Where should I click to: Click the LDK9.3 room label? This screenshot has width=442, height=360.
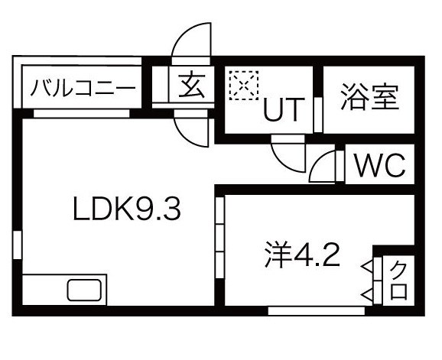click(x=127, y=209)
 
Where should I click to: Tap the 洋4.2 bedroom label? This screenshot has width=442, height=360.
click(x=303, y=255)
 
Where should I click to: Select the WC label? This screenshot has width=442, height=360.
click(x=381, y=165)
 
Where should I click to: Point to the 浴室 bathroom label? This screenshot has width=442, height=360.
click(x=370, y=97)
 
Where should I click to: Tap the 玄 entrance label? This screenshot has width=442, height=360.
click(x=191, y=86)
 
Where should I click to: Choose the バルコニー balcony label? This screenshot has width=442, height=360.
click(x=83, y=88)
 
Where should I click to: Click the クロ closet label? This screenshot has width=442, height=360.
click(x=399, y=280)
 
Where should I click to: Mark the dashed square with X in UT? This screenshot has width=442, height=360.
click(x=244, y=85)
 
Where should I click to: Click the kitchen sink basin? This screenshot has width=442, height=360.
click(x=84, y=290)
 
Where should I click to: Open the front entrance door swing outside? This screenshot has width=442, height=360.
click(x=192, y=40)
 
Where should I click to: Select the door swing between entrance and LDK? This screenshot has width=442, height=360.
click(x=192, y=132)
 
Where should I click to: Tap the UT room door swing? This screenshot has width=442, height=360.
click(x=288, y=157)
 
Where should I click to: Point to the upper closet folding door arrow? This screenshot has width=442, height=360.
click(x=367, y=265)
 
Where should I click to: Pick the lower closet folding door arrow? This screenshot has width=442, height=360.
click(x=367, y=295)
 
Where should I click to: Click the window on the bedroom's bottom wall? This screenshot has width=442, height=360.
click(x=317, y=311)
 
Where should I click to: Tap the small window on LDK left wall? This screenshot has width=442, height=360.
click(x=17, y=245)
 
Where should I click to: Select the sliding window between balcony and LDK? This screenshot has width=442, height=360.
click(x=82, y=114)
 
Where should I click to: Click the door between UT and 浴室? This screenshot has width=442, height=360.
click(x=318, y=115)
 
